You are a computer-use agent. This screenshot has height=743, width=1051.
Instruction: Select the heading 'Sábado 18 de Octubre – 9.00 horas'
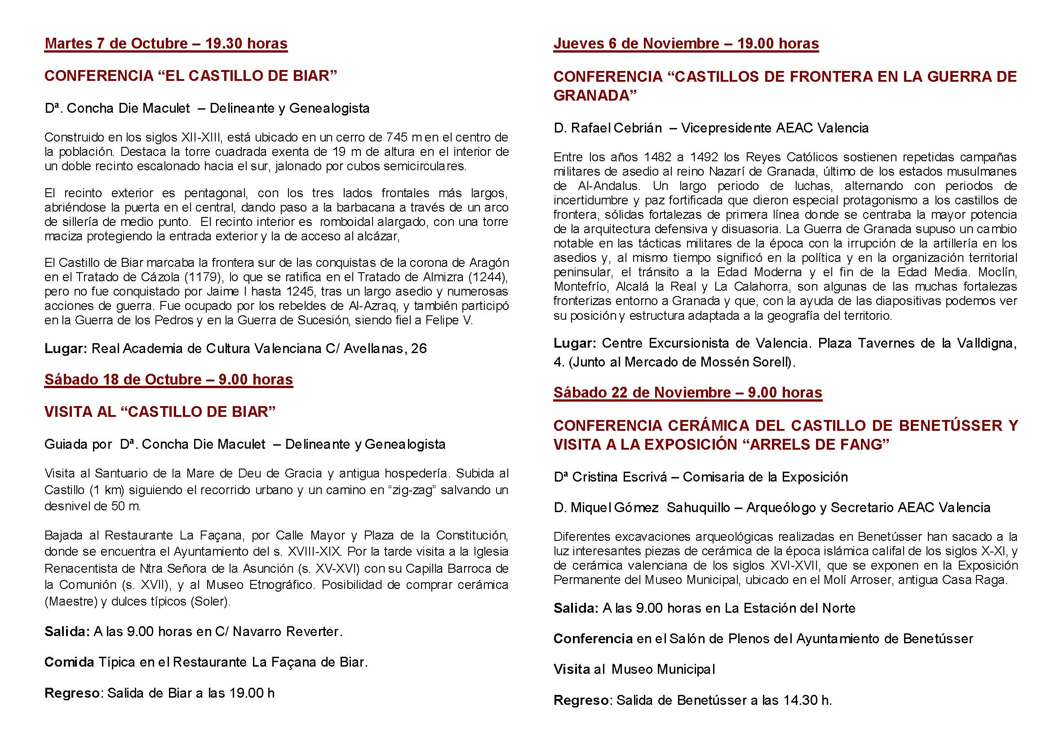(x=169, y=380)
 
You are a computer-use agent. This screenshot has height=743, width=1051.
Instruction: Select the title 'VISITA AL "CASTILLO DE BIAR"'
(x=160, y=412)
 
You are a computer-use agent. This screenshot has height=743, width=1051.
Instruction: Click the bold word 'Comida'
(x=69, y=662)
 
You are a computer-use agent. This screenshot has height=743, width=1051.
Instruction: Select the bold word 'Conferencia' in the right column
(x=593, y=639)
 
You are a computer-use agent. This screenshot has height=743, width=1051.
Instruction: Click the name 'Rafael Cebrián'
(x=616, y=128)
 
